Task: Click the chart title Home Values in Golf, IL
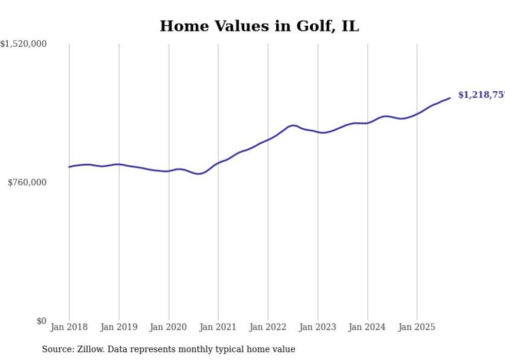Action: coord(259,26)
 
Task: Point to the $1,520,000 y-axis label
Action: coord(24,44)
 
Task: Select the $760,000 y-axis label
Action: coord(27,182)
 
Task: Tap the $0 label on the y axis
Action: coord(41,321)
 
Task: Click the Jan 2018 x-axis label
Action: coord(69,327)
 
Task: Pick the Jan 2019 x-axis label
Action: coord(119,327)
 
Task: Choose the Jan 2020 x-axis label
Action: coord(169,327)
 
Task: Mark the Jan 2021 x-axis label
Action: coord(218,327)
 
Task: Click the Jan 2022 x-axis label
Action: coord(268,327)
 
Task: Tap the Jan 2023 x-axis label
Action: coord(317,327)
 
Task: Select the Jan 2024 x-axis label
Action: coord(367,327)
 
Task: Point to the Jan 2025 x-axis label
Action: coord(417,327)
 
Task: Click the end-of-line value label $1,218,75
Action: coord(481,95)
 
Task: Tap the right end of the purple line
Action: coord(450,98)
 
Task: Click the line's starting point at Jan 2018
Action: coord(70,167)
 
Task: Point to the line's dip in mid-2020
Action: coord(198,174)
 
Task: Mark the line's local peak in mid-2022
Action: coord(293,125)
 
